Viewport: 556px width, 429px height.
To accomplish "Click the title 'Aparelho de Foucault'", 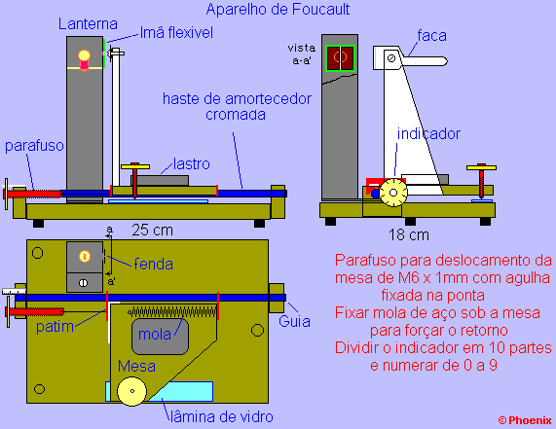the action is click(x=278, y=10).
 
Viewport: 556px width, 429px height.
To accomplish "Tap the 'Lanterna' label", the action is click(x=88, y=24).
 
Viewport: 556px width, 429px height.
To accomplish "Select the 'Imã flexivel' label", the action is click(x=176, y=33).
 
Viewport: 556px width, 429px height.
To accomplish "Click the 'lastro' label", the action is click(x=192, y=164).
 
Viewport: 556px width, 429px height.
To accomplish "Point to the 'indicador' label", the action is click(x=428, y=134).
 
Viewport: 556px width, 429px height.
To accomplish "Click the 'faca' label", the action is click(x=431, y=36).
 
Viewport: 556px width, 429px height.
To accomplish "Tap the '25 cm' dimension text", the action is click(x=153, y=231).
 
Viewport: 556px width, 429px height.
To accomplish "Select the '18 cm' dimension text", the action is click(x=409, y=234).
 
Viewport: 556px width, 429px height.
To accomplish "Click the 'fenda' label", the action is click(x=153, y=265).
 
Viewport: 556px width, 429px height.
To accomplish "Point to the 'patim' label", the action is click(x=55, y=327).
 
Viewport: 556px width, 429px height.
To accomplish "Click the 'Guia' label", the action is click(x=294, y=321).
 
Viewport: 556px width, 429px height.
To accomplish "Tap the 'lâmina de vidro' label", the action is click(x=222, y=417).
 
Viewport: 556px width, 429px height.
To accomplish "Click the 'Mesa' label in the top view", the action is click(x=136, y=366).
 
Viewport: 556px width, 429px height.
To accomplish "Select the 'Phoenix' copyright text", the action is click(x=525, y=420).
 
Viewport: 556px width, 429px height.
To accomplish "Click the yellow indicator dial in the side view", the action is click(x=393, y=193).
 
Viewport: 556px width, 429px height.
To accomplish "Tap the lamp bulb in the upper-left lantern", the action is click(x=84, y=56).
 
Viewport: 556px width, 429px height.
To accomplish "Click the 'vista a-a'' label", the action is click(x=302, y=54).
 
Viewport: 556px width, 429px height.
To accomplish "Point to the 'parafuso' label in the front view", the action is click(x=34, y=146).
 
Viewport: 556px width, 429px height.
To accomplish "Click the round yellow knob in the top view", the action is click(x=131, y=391).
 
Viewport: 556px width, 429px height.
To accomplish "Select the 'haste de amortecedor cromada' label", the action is click(x=237, y=107).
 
